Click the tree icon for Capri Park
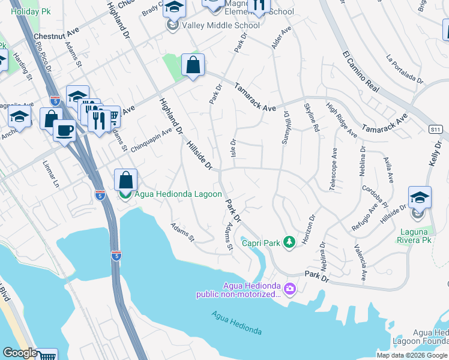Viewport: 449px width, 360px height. click(x=290, y=242)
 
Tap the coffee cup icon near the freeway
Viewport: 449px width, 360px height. click(x=64, y=130)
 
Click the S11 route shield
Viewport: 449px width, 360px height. click(x=436, y=129)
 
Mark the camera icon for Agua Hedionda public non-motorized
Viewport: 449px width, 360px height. click(x=290, y=289)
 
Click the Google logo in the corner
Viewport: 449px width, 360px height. click(x=19, y=353)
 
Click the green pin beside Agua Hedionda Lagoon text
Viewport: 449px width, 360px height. click(x=125, y=194)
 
